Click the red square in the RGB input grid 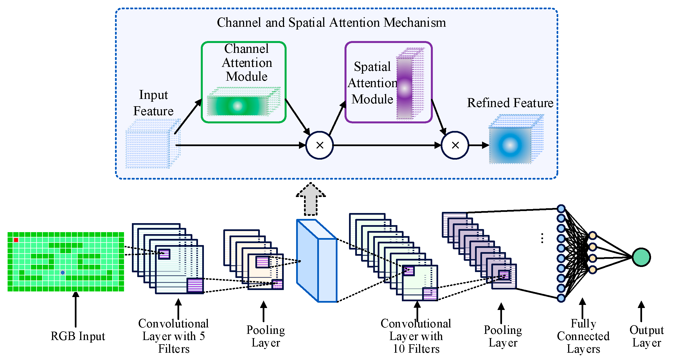[16, 240]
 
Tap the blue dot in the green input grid [63, 273]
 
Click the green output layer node [641, 257]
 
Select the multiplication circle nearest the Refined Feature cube [455, 145]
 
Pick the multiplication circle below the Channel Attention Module [319, 145]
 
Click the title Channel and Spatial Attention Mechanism [331, 22]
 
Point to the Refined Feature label [510, 103]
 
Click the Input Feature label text [153, 103]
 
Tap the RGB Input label [78, 336]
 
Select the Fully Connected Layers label [583, 336]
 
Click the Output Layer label [647, 336]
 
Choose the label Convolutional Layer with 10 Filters [416, 336]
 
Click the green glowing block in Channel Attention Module [238, 106]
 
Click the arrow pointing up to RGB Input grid [76, 309]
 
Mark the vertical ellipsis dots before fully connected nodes [542, 238]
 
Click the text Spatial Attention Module [372, 83]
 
